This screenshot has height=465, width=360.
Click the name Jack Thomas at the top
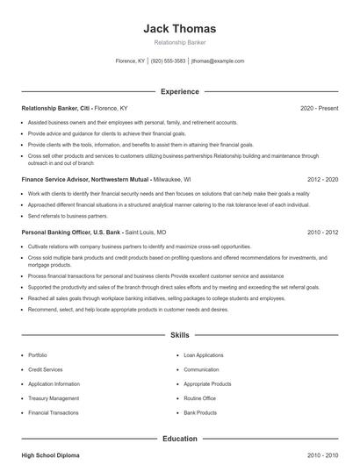tap(179, 29)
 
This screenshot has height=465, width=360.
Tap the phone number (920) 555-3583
tap(169, 61)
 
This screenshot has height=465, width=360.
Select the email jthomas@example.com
tap(218, 61)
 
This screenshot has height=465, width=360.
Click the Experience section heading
tap(179, 91)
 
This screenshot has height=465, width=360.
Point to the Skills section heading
tap(179, 335)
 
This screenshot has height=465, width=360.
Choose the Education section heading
tap(179, 439)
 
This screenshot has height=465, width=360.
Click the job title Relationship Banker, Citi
tap(57, 108)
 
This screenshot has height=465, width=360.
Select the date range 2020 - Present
tap(319, 108)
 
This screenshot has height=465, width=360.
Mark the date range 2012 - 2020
tap(322, 178)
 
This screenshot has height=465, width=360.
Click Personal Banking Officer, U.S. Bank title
tap(71, 232)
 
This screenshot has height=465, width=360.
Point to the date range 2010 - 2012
tap(322, 232)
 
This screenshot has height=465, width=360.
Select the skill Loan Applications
tap(203, 355)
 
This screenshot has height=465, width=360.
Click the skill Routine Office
tap(199, 398)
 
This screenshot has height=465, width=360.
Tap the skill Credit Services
tap(47, 369)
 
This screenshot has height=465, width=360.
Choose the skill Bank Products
tap(200, 412)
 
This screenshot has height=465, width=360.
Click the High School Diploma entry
tap(52, 456)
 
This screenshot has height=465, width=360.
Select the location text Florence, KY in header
tap(131, 61)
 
